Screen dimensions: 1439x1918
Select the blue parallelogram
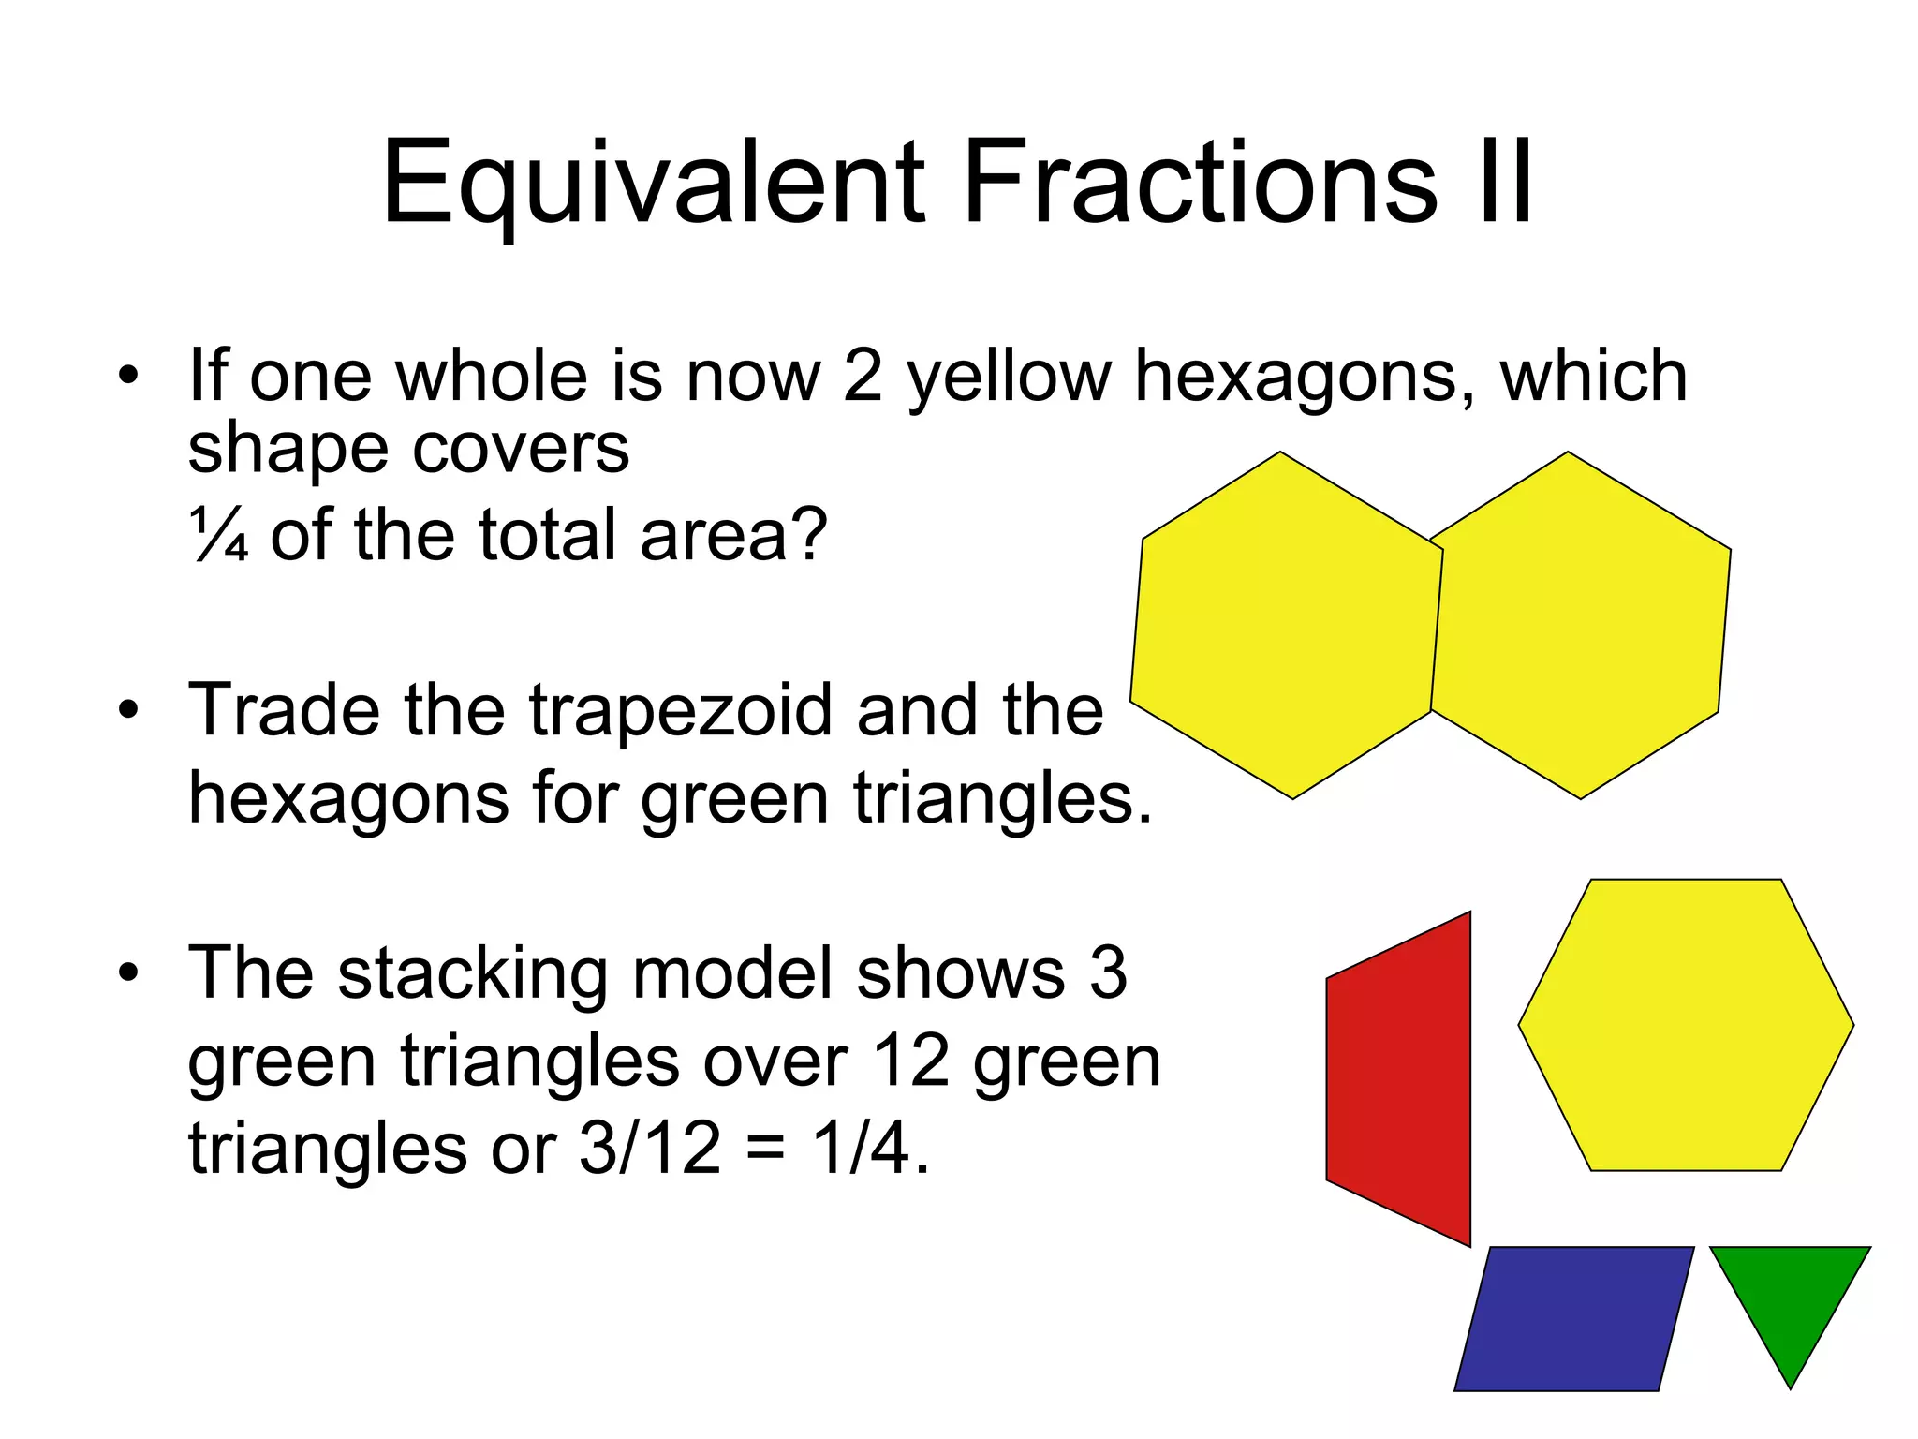pyautogui.click(x=1574, y=1318)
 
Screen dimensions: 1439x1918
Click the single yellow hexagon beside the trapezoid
pyautogui.click(x=1686, y=1024)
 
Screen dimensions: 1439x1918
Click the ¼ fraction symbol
pyautogui.click(x=219, y=535)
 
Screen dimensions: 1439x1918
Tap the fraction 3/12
pyautogui.click(x=650, y=1149)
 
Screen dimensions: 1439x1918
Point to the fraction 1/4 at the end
pyautogui.click(x=861, y=1149)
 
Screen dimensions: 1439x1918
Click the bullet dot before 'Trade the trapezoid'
pyautogui.click(x=128, y=709)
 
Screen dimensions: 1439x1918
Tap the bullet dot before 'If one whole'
pyautogui.click(x=128, y=376)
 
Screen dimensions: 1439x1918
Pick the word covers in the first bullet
pyautogui.click(x=521, y=449)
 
